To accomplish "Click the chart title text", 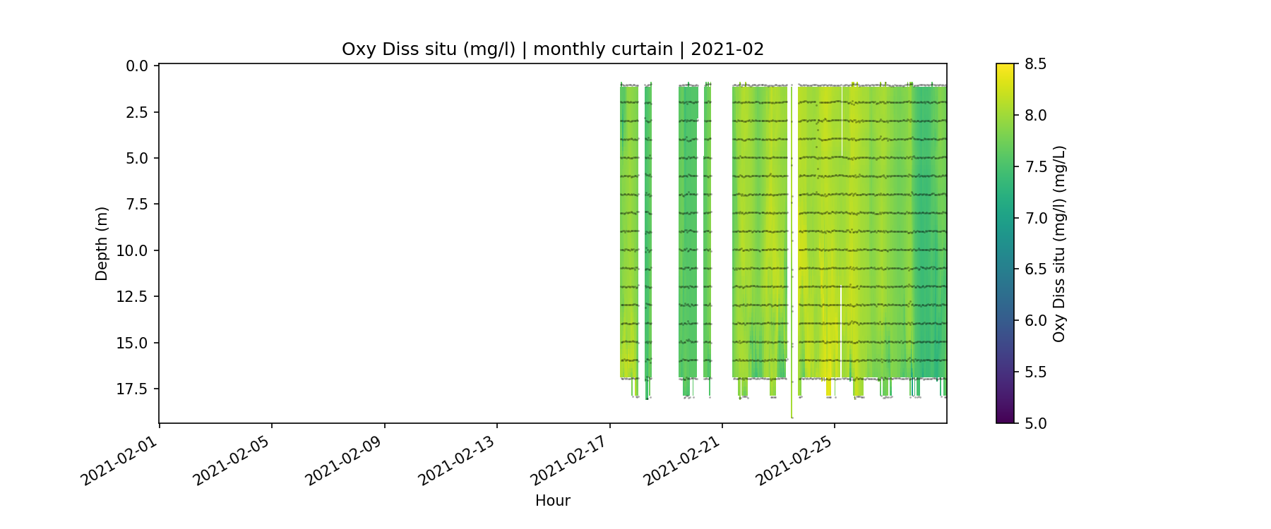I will [x=553, y=49].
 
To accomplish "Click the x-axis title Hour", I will [x=553, y=501].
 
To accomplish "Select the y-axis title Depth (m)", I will [x=102, y=244].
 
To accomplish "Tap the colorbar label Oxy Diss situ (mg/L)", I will [x=1059, y=244].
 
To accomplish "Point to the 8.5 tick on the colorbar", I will [x=1035, y=64].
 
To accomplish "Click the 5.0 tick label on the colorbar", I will [x=1035, y=423].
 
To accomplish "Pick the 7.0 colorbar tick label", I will [x=1035, y=218].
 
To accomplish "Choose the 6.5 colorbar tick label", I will [x=1035, y=269].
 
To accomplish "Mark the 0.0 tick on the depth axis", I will [x=137, y=66].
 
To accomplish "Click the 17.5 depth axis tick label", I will [x=133, y=389].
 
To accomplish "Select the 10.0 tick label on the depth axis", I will [x=133, y=251].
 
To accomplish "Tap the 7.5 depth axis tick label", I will [x=137, y=205].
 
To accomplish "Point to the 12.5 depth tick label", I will [x=133, y=297].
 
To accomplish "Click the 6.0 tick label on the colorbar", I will [x=1035, y=321].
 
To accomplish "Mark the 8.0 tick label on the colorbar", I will [x=1035, y=116].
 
